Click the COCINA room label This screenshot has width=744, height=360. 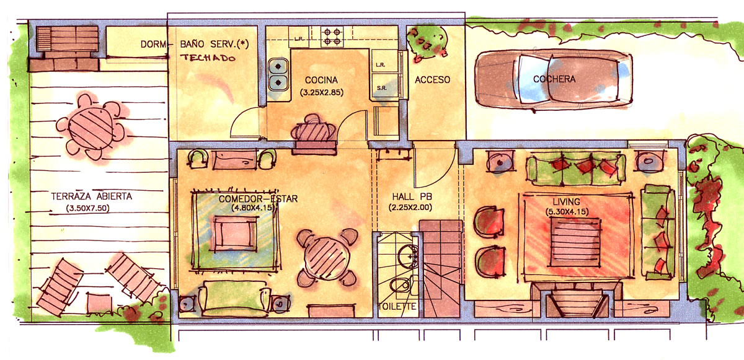pos(321,80)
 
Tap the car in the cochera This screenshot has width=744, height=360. pos(554,80)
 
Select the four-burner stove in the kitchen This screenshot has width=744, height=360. pos(332,37)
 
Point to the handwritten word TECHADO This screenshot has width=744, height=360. pos(208,58)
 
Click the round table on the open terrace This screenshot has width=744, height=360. pos(91,128)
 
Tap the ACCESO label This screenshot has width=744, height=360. pos(433,80)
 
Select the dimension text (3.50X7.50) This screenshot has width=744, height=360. pos(87,208)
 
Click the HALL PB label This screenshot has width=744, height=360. pos(412,197)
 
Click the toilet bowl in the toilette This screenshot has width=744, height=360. pos(400,284)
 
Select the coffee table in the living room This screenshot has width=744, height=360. pos(575,242)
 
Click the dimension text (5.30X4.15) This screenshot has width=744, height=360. pos(567,212)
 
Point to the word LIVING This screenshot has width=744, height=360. pos(566,202)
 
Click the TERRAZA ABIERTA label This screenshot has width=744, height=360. pos(91,196)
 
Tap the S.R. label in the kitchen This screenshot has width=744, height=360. pos(382,88)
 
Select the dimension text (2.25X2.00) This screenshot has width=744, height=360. pos(410,208)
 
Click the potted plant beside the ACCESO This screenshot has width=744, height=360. pos(427,43)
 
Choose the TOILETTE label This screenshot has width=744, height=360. pos(397,307)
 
